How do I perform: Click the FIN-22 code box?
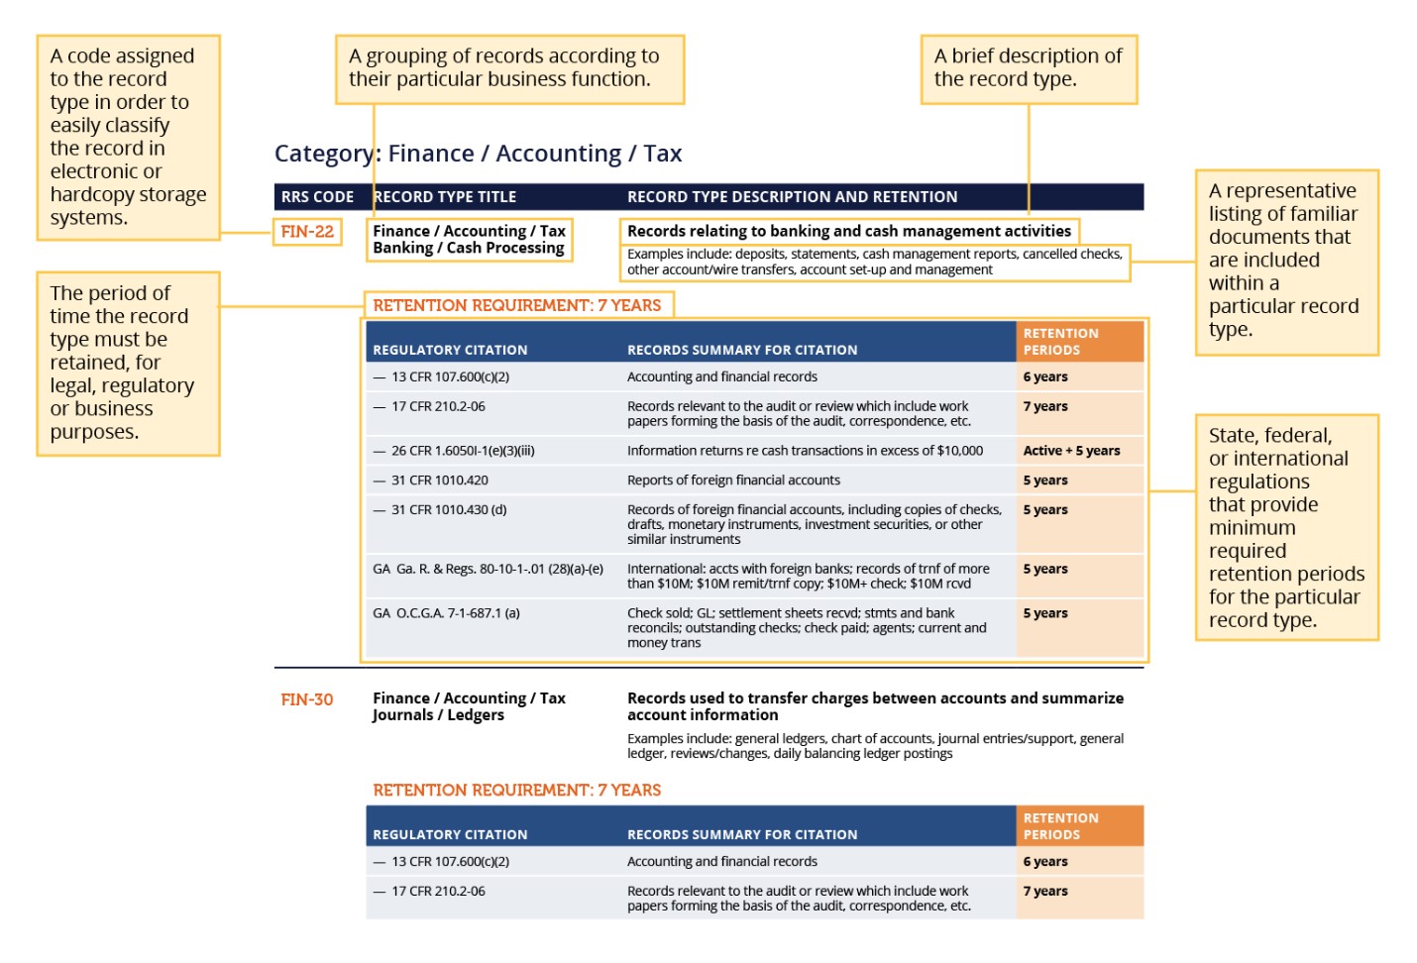click(x=307, y=232)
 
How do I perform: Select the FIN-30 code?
click(x=307, y=699)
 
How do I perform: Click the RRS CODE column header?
click(x=317, y=197)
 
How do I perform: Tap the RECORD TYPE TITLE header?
click(x=445, y=197)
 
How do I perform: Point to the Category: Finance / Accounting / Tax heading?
click(x=478, y=154)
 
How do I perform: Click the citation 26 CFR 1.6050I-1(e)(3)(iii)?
click(x=462, y=451)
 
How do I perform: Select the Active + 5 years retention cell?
click(x=1071, y=451)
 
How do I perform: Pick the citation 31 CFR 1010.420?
click(x=439, y=481)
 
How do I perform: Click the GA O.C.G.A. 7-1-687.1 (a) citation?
click(x=446, y=613)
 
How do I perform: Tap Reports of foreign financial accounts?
click(x=733, y=481)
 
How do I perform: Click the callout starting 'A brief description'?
click(x=1029, y=68)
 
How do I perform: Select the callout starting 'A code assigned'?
click(x=128, y=137)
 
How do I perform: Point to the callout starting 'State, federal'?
click(x=1286, y=527)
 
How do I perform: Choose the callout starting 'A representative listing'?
click(x=1286, y=261)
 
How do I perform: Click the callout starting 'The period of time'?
click(x=128, y=363)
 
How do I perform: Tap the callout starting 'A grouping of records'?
click(x=509, y=68)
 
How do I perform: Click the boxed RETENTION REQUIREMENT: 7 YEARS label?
click(x=517, y=305)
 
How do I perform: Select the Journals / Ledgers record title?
click(x=438, y=715)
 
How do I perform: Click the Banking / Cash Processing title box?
click(x=469, y=240)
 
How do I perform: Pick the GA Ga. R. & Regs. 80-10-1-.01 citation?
click(x=488, y=569)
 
